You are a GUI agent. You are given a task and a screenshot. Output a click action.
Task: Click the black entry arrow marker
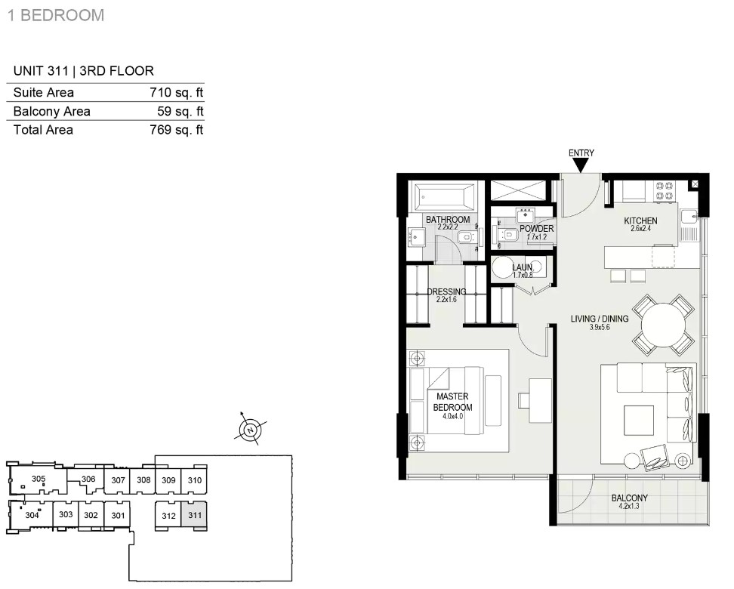[581, 165]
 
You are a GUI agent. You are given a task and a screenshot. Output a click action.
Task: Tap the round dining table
[663, 325]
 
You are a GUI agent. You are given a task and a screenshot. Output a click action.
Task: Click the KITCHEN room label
[640, 220]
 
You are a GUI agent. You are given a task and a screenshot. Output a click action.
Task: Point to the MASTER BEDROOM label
[452, 402]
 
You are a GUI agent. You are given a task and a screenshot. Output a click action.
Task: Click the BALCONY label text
[629, 498]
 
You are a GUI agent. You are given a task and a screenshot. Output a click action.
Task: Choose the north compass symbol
[251, 430]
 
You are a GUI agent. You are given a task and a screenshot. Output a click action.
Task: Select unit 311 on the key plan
[194, 515]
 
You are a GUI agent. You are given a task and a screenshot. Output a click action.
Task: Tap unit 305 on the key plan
[39, 479]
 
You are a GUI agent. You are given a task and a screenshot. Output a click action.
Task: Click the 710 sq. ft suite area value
[177, 92]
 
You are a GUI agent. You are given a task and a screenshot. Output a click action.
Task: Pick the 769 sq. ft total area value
[177, 130]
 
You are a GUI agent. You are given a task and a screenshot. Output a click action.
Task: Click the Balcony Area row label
[51, 112]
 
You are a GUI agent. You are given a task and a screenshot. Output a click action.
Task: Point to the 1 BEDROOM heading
[56, 15]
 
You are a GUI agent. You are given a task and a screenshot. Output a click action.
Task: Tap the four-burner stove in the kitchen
[665, 190]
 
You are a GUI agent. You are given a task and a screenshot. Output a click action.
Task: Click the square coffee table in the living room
[639, 421]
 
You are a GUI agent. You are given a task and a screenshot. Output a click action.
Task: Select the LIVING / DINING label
[600, 319]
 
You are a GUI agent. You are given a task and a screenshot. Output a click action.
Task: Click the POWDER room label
[536, 229]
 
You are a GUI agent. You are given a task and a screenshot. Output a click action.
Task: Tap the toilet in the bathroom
[465, 239]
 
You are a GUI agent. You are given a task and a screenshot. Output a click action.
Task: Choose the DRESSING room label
[446, 291]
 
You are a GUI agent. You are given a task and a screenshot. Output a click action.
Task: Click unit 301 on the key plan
[118, 515]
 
